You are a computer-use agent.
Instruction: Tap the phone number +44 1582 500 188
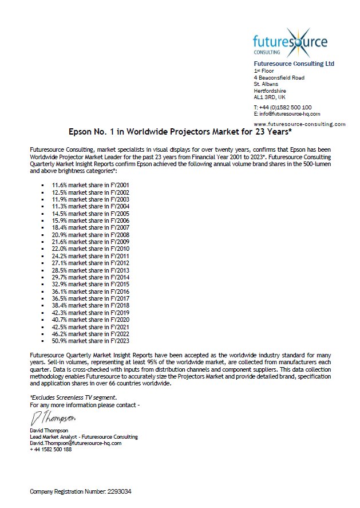coord(51,450)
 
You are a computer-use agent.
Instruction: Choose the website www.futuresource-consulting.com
coord(299,124)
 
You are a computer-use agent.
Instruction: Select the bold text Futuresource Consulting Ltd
coord(294,64)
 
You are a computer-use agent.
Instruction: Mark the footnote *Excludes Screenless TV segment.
coord(73,397)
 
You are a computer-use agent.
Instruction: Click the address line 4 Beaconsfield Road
coord(279,77)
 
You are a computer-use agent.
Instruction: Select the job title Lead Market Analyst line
coord(84,437)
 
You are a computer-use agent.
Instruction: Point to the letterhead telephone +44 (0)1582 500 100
coord(282,107)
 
